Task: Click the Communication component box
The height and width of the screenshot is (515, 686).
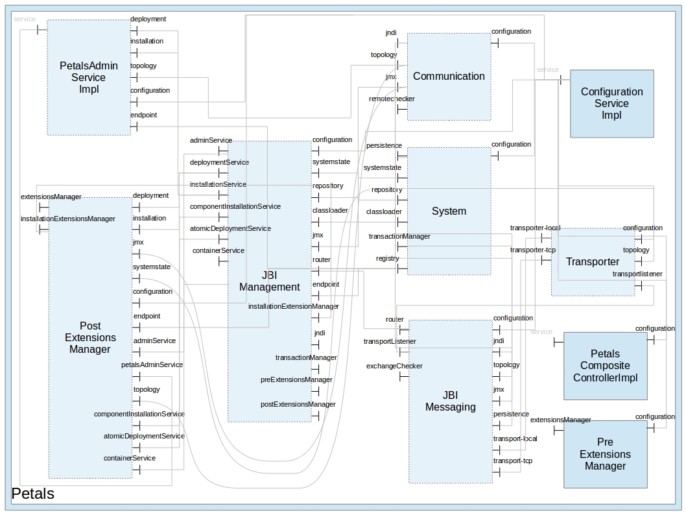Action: pos(449,77)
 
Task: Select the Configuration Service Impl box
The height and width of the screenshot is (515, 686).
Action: pos(611,104)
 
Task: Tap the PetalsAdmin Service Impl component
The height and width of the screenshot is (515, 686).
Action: pos(89,77)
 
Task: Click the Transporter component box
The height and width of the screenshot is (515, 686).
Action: pos(593,262)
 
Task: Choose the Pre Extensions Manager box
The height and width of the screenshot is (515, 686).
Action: pos(605,454)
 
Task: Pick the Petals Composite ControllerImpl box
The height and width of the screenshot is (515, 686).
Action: pos(605,366)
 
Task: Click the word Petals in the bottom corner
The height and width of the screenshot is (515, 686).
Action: pos(33,494)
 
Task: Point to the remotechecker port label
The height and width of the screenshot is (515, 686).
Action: pos(392,99)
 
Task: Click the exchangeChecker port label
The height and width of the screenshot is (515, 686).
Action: pos(394,366)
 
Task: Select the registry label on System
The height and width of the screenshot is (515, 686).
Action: pos(388,259)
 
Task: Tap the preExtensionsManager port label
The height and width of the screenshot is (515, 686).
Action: pos(296,380)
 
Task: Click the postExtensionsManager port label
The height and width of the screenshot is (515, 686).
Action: pos(298,405)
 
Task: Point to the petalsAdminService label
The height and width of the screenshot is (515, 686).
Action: pos(152,365)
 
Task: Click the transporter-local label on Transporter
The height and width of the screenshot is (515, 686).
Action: pos(535,228)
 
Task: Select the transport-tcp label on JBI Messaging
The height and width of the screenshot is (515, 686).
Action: pos(512,461)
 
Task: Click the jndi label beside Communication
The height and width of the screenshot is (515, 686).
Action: pos(391,33)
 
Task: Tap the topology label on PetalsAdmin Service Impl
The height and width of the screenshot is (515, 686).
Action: pos(143,66)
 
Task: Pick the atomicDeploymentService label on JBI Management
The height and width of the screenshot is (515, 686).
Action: pos(230,228)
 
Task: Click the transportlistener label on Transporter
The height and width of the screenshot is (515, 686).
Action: pos(637,274)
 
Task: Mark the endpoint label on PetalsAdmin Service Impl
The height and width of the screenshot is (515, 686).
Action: pos(143,115)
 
